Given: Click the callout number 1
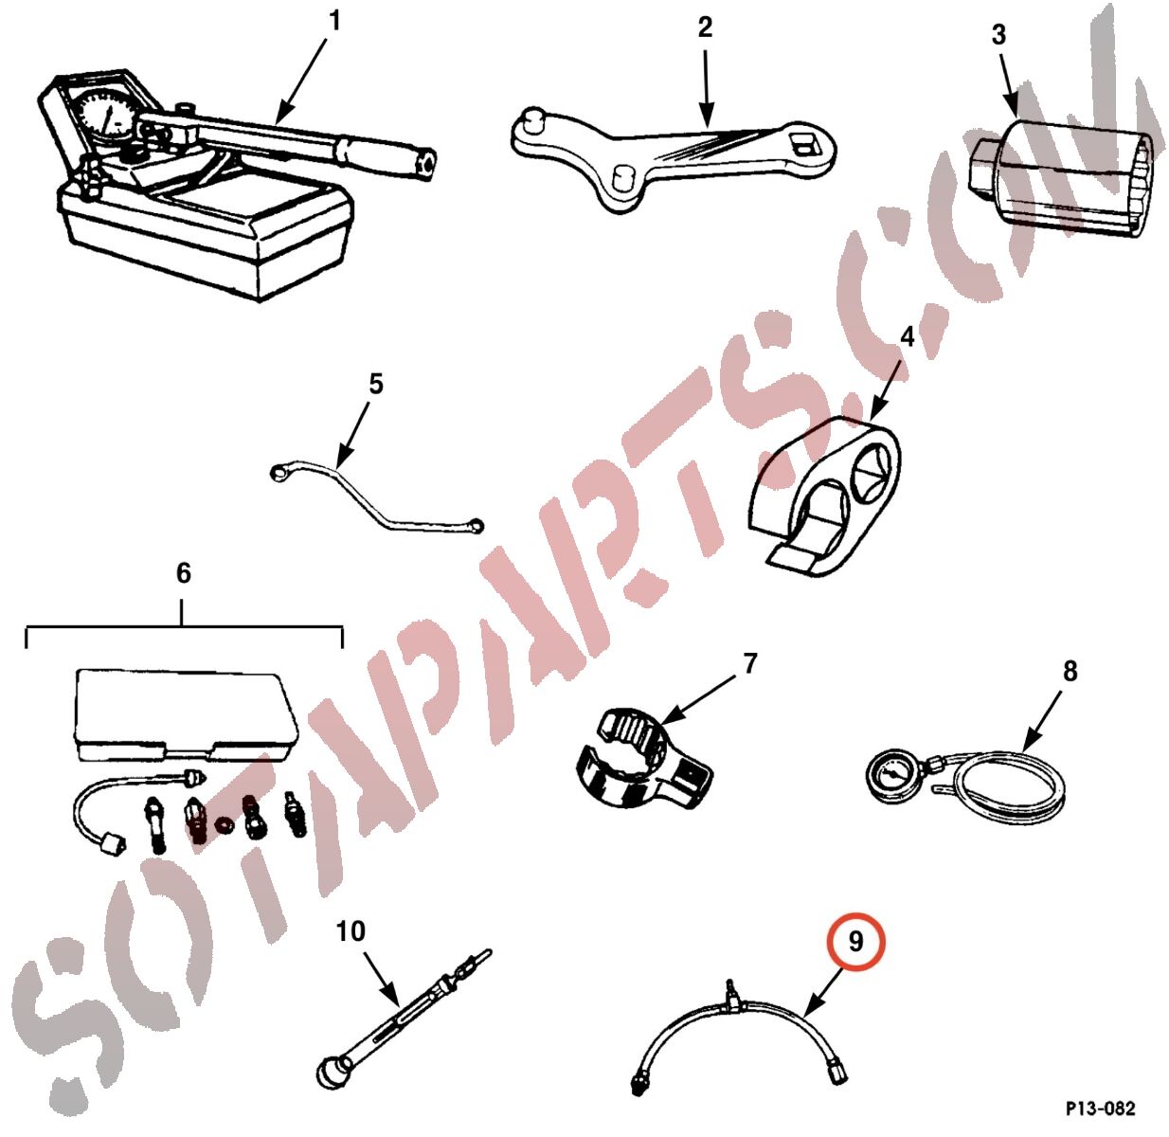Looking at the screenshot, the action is (x=334, y=22).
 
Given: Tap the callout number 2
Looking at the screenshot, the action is (x=705, y=28).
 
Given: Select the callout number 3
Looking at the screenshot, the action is (x=998, y=35).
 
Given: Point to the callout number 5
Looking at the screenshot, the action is (x=375, y=384).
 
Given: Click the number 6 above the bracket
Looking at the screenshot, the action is (x=183, y=573).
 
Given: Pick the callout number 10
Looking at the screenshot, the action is (x=351, y=931).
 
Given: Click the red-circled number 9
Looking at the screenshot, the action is (x=855, y=941).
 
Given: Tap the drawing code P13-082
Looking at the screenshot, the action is (x=1101, y=1109).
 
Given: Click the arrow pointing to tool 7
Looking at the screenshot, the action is (x=700, y=698).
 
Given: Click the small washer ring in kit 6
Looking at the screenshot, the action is (x=225, y=824).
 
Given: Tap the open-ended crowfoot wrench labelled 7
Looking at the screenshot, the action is (x=640, y=758).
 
